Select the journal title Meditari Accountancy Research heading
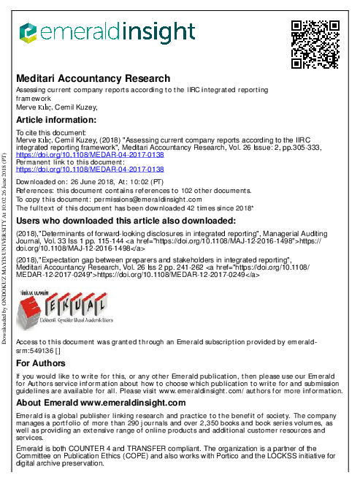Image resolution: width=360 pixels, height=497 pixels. tap(93, 78)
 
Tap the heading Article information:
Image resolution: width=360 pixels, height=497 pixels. tap(56, 120)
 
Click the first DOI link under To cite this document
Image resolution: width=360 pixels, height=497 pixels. tap(90, 155)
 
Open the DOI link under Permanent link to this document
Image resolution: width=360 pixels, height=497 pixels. tap(90, 169)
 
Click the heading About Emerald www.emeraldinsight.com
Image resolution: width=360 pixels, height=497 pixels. tap(101, 403)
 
